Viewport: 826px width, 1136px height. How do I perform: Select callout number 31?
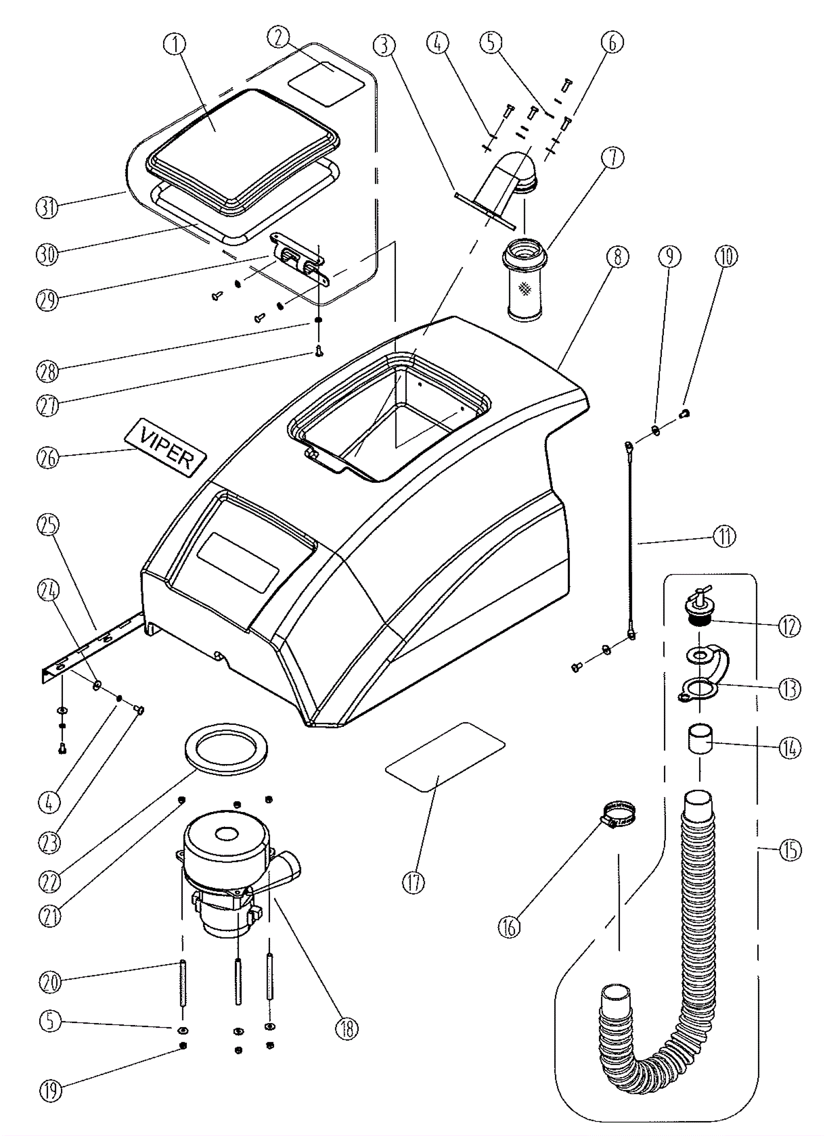click(47, 208)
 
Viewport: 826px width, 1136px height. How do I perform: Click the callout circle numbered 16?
click(510, 927)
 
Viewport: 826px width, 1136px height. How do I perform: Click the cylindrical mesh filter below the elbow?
click(525, 281)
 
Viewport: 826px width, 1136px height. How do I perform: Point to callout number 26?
click(48, 458)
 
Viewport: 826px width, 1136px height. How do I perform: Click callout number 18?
click(346, 1029)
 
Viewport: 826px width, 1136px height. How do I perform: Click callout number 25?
click(48, 524)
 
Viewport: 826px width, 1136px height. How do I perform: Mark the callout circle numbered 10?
click(726, 256)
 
